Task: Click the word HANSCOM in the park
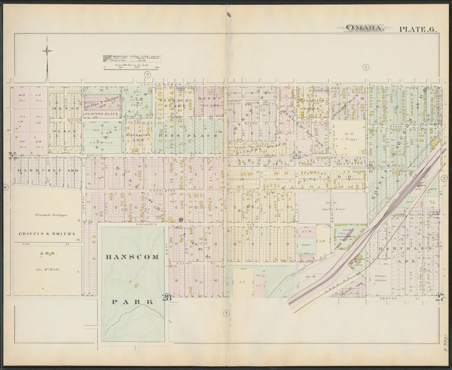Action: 132,257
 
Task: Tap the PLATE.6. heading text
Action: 417,29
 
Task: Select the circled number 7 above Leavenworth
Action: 147,74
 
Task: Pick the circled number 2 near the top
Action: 365,67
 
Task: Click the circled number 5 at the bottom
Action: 226,314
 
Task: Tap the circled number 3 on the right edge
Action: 444,178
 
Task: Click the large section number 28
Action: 166,298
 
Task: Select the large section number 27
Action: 440,298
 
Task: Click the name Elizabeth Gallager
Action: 47,214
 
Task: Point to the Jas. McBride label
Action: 48,269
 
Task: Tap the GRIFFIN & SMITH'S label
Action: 47,234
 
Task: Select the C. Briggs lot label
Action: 350,139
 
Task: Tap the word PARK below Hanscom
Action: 132,302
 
